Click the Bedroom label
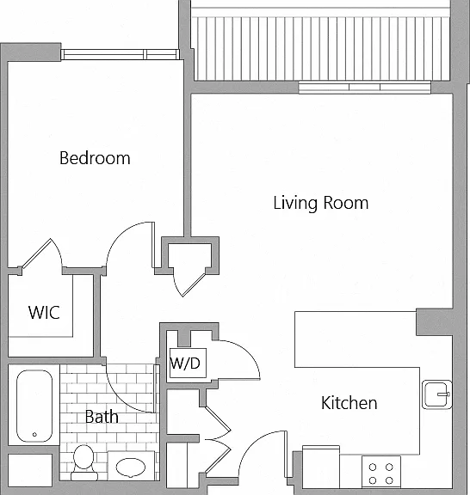95,158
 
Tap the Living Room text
321,203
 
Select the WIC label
44,313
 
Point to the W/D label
185,364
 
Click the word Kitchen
349,403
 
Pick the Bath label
102,417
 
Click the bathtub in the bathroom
34,406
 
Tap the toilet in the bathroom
83,462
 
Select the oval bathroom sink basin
131,467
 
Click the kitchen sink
436,394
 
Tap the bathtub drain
34,435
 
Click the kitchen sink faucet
443,394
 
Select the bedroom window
121,54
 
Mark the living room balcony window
365,87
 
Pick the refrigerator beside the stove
321,467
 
